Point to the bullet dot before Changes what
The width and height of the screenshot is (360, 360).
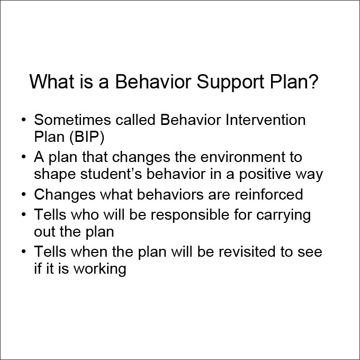pos(24,194)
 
